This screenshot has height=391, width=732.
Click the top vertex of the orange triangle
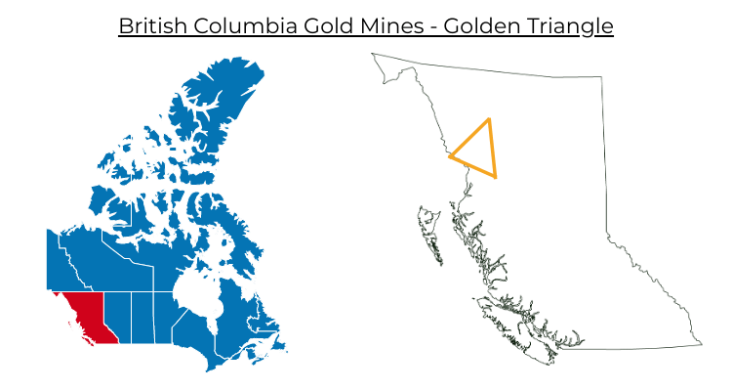489,119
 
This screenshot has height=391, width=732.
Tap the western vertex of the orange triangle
450,155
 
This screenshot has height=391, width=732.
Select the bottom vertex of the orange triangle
496,177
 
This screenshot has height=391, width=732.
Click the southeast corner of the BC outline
701,344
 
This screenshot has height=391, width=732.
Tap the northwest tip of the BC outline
373,54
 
